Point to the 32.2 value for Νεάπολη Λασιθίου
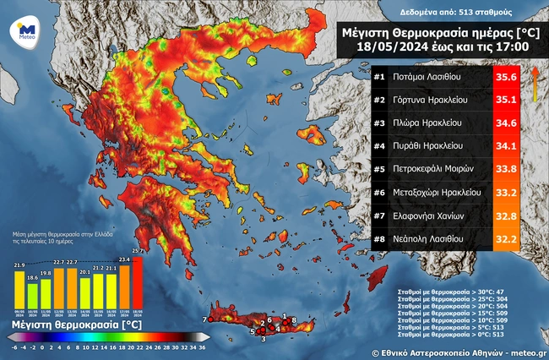(505, 239)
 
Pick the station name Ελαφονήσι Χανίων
(432, 215)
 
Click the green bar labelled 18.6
(33, 294)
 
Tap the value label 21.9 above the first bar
(19, 265)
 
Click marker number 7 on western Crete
(204, 319)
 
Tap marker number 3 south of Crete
(263, 339)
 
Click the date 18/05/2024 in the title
(378, 46)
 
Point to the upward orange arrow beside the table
(534, 85)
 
